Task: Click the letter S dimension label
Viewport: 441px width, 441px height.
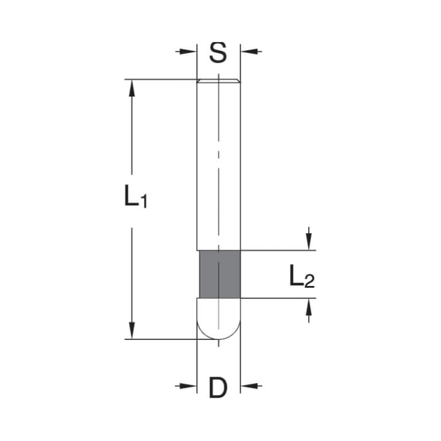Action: tap(218, 52)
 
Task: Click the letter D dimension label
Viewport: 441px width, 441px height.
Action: tap(217, 388)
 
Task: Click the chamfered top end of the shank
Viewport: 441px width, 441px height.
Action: tap(218, 81)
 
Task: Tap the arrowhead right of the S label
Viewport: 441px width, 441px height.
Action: tap(245, 52)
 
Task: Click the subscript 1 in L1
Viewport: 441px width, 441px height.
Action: tap(143, 202)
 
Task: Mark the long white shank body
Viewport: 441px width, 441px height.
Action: tap(218, 163)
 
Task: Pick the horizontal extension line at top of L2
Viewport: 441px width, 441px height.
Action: tap(278, 250)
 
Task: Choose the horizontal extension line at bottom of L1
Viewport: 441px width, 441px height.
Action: tap(163, 339)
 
